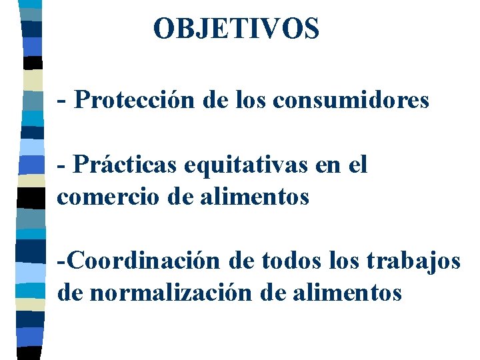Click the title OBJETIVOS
click(x=236, y=29)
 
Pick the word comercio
click(x=99, y=197)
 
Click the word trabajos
click(x=414, y=261)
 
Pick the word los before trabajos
click(x=343, y=261)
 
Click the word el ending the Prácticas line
click(x=358, y=165)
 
